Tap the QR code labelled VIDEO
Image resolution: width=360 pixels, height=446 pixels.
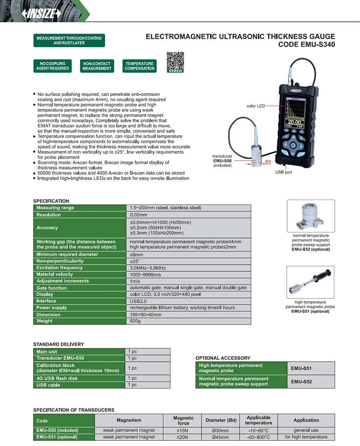coord(175,61)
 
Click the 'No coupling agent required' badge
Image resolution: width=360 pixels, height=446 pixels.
coord(52,66)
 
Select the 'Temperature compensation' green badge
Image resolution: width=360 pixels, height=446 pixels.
coord(140,66)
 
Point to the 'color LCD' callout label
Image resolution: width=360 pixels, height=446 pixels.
coord(256,106)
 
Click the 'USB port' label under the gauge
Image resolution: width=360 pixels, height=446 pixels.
coord(284,172)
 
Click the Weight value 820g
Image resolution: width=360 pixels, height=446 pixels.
coord(136,321)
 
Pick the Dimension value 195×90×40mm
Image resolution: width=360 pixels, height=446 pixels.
coord(146,314)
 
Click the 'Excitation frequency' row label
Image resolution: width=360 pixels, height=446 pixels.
coord(59,268)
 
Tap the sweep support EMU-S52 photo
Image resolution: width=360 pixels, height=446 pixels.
coord(310,216)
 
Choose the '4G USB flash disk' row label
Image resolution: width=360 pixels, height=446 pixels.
coord(57,378)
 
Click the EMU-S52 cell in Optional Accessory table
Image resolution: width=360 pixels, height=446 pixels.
coord(301,382)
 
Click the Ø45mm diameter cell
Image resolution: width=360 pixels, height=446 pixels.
coord(220,437)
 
